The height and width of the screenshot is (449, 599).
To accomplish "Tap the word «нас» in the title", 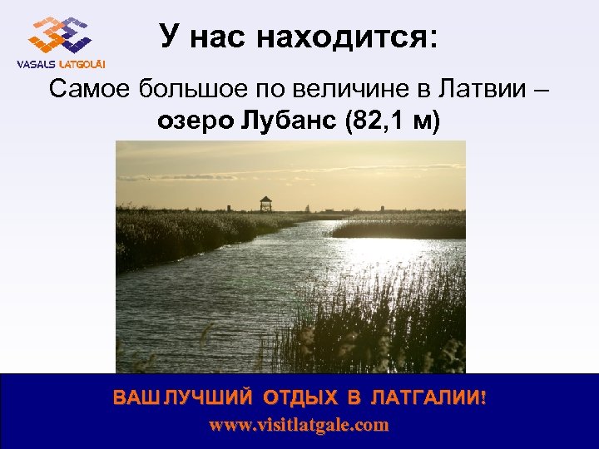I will tap(225, 37).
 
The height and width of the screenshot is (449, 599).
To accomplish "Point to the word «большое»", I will tap(182, 89).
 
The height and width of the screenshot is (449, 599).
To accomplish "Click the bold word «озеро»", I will tap(194, 122).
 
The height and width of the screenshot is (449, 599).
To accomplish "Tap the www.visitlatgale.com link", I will tap(299, 425).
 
